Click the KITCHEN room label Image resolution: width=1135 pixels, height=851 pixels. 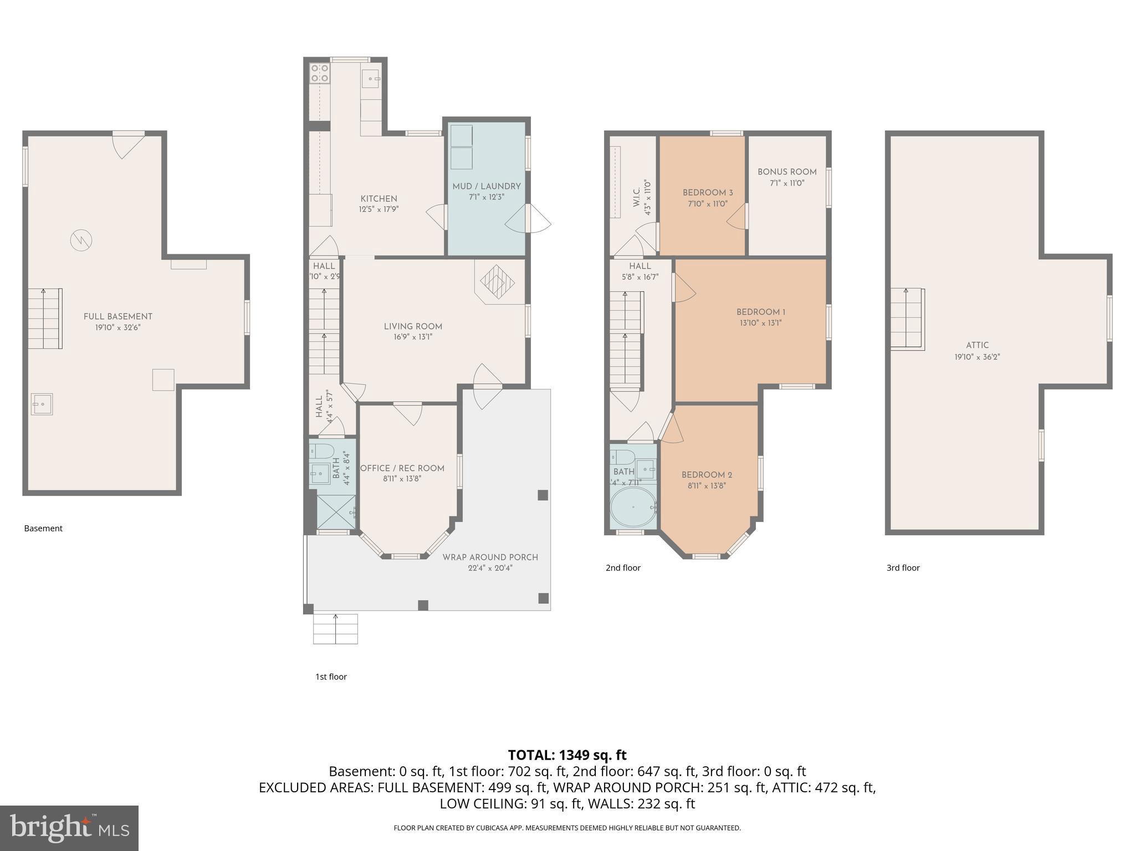[x=379, y=198]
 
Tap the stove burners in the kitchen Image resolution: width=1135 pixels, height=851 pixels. [x=319, y=73]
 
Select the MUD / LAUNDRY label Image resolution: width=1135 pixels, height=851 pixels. [x=487, y=186]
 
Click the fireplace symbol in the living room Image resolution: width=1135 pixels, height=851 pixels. [x=497, y=282]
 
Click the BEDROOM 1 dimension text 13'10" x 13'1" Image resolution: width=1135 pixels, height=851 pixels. [x=760, y=323]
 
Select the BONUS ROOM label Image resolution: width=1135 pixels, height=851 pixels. [x=787, y=172]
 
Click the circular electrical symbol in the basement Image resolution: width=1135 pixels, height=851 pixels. [x=81, y=240]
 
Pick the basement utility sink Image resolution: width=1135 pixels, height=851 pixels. [x=42, y=404]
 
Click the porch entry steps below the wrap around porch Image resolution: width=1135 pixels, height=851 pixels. [x=335, y=628]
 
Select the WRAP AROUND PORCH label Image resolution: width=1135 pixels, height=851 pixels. [x=490, y=557]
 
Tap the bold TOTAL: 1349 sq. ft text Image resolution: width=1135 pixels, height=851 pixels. [x=567, y=755]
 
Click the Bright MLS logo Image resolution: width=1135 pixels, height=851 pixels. [x=69, y=828]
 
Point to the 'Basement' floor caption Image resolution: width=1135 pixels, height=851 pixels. [x=43, y=528]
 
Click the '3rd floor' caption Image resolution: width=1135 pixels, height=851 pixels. [x=903, y=567]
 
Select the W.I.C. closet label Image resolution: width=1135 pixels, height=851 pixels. [x=636, y=194]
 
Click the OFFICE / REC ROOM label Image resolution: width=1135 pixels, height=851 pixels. [x=402, y=468]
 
